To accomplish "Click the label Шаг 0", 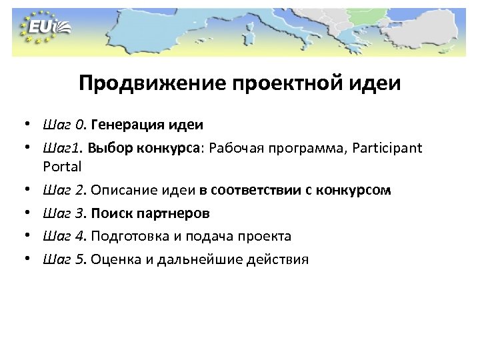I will coord(63,125).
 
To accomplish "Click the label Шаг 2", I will coord(63,191).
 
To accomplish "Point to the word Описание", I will coord(121,191).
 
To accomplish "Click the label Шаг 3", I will coord(63,213).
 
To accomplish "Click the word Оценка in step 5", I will coord(113,259).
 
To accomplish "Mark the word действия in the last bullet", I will coord(279,259).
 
